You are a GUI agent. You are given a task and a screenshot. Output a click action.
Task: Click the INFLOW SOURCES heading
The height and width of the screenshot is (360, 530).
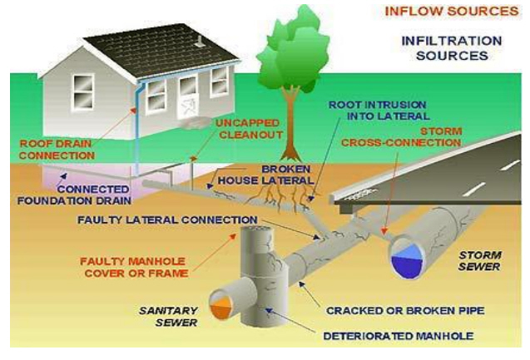(x=452, y=11)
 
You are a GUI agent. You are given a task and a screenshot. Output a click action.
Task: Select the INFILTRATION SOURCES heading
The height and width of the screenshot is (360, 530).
(x=452, y=48)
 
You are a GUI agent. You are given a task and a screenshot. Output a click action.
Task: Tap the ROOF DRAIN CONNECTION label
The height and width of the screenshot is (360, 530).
(x=56, y=150)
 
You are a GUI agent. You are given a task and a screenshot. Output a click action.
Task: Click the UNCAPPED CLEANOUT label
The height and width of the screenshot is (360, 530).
(x=249, y=129)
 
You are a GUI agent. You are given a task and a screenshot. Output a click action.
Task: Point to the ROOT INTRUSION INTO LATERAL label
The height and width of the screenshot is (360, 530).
(x=379, y=111)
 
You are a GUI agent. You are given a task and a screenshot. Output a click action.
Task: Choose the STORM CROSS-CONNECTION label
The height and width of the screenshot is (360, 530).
(x=401, y=137)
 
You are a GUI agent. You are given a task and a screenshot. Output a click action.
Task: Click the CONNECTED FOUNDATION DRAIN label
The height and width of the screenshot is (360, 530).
(x=74, y=195)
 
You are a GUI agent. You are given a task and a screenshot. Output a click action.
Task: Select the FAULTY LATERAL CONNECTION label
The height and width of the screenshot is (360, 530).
(x=167, y=219)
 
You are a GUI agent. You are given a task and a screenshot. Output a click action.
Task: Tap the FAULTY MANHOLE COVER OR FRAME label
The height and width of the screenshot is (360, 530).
(x=134, y=267)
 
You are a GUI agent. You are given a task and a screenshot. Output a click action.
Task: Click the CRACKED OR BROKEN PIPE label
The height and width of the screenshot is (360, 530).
(x=405, y=311)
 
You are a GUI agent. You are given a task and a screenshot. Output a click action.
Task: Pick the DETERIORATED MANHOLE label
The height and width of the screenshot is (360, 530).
(x=399, y=336)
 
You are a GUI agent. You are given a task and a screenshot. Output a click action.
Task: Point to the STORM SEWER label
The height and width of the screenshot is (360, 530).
(x=479, y=261)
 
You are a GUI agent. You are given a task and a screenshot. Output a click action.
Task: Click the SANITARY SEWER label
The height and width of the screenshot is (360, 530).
(x=168, y=317)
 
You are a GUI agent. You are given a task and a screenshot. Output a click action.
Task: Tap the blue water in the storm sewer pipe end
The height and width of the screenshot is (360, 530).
(x=408, y=259)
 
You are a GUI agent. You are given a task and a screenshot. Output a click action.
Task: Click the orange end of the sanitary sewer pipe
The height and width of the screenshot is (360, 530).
(x=220, y=305)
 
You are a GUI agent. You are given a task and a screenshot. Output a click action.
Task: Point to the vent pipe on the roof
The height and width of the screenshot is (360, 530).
(x=200, y=41)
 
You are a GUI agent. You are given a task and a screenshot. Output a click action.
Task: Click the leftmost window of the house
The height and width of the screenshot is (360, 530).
(x=83, y=91)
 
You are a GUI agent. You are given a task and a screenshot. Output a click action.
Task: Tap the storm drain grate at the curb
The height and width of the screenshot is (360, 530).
(x=360, y=194)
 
